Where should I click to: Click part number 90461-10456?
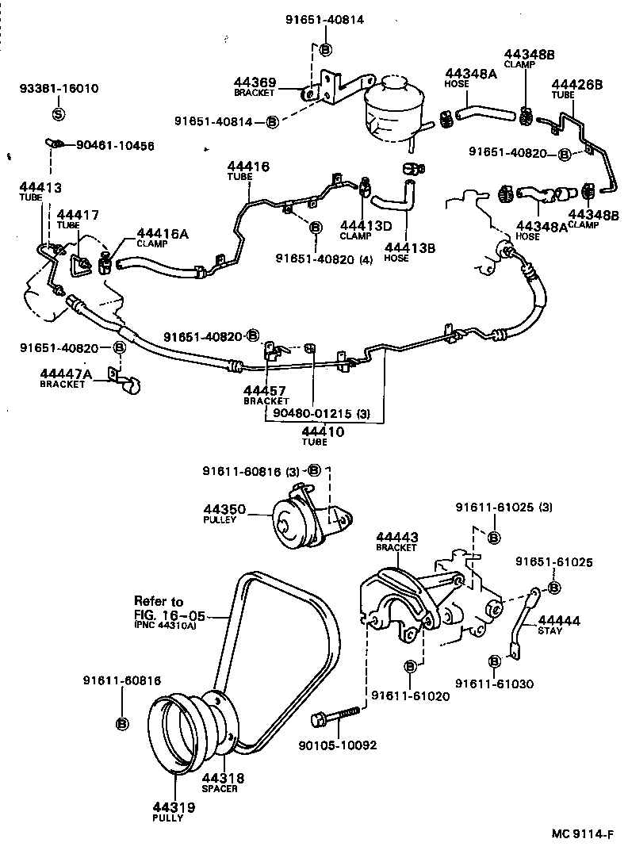115,146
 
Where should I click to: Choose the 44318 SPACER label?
222,783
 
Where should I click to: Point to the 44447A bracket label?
66,377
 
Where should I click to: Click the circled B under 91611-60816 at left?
123,722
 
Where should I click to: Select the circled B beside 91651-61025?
554,587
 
